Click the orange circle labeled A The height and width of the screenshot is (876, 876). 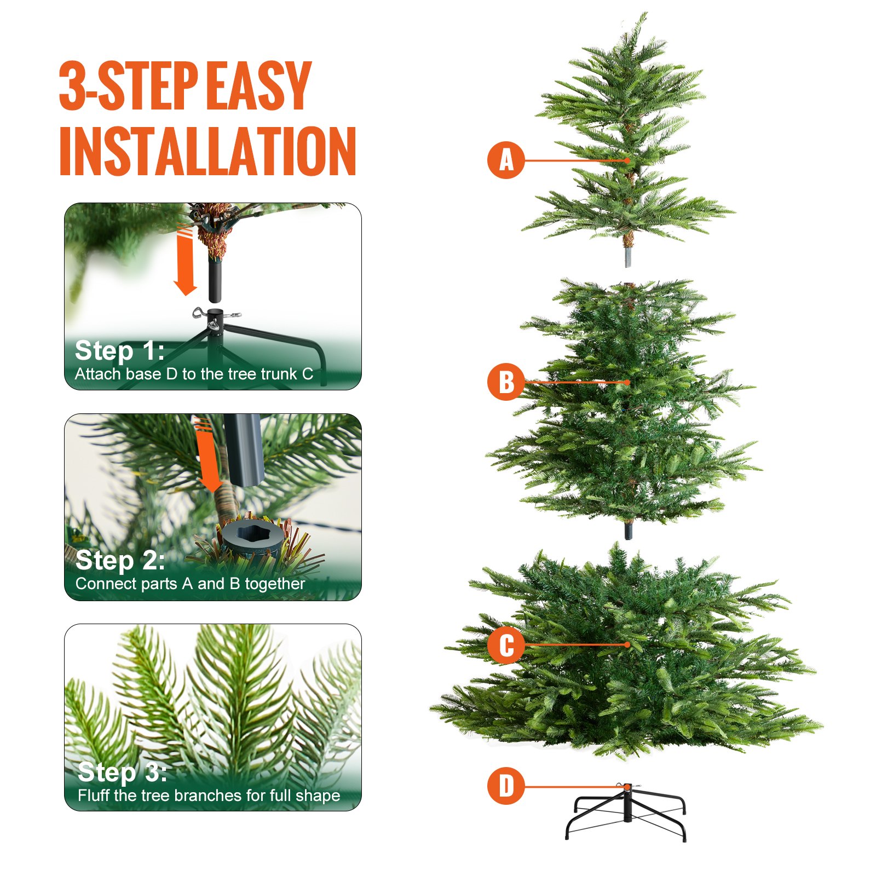click(506, 160)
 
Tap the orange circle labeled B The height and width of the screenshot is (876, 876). click(506, 382)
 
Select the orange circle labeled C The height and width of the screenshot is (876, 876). click(506, 645)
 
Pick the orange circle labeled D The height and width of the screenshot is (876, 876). click(506, 786)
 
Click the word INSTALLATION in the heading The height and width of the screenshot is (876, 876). click(208, 151)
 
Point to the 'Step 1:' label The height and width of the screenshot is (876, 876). click(119, 350)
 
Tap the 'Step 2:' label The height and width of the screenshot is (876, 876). click(120, 560)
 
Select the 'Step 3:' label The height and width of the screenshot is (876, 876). click(122, 771)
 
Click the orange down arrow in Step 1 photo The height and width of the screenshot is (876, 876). click(185, 262)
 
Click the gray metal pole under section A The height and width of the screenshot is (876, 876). click(627, 256)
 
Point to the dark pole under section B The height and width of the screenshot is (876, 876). click(627, 530)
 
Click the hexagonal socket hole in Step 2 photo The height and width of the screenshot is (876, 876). click(254, 534)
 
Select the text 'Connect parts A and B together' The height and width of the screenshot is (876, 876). click(190, 584)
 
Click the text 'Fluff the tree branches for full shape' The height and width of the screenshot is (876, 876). click(209, 795)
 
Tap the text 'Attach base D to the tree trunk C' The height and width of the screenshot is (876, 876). click(194, 374)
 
